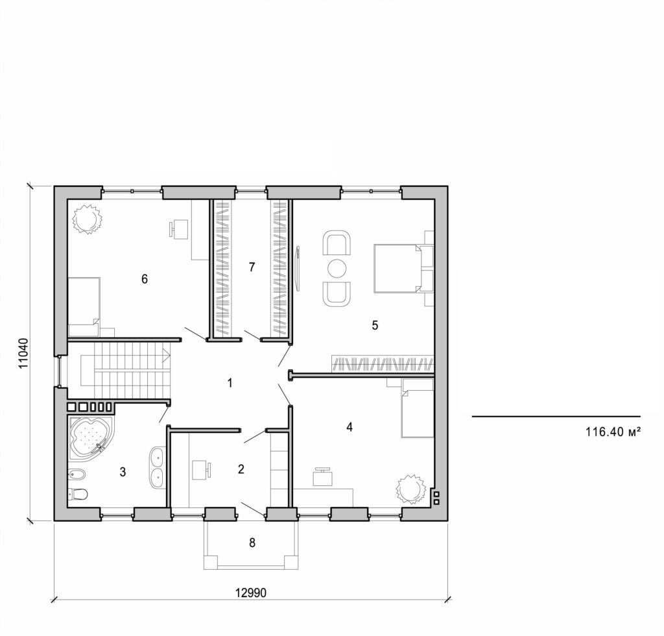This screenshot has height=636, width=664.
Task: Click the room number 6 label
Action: click(145, 279)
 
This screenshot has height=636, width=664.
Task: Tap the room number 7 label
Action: click(252, 266)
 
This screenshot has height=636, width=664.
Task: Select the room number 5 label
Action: click(375, 325)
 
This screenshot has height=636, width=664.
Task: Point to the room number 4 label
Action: click(350, 427)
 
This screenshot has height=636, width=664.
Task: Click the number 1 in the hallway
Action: click(230, 383)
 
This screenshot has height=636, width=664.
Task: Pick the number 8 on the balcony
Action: click(252, 543)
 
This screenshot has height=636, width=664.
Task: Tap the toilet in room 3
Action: click(78, 494)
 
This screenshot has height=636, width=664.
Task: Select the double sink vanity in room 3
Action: click(158, 467)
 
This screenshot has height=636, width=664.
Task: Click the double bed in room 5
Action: click(397, 267)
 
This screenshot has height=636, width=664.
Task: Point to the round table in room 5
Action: click(337, 267)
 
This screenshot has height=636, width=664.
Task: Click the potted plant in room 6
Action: click(87, 219)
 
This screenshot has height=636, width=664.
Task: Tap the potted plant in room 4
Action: click(410, 488)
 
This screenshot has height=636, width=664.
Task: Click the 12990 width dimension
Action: click(251, 593)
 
